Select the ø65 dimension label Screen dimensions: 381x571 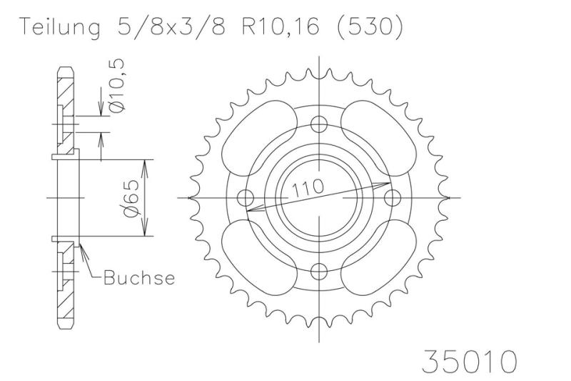click(131, 198)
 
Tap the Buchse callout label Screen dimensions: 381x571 click(139, 277)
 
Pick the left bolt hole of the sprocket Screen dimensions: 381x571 click(247, 197)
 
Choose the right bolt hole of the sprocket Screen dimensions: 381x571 click(391, 197)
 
